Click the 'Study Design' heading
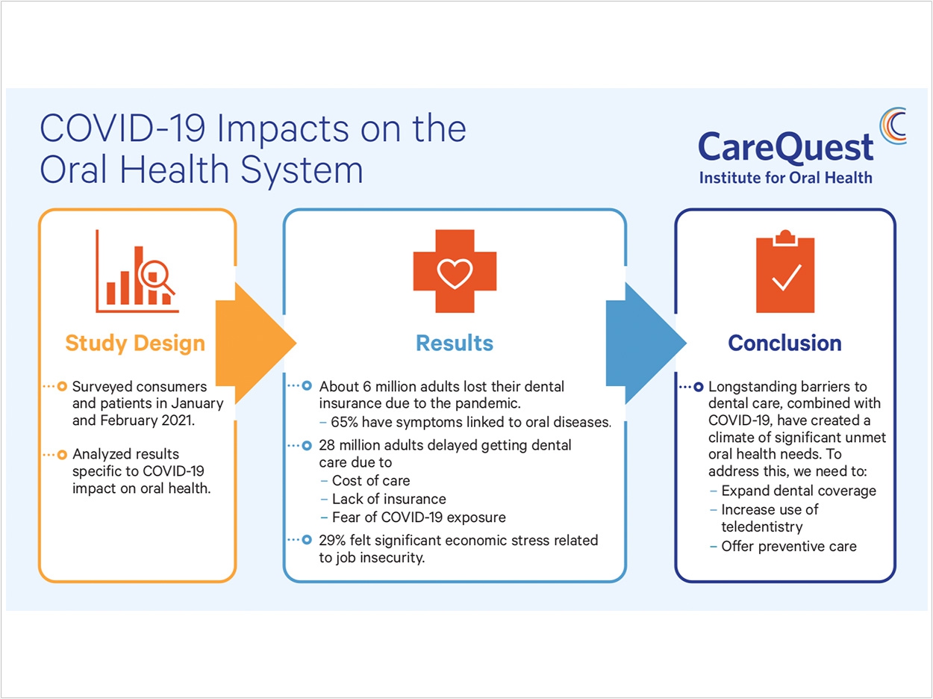click(135, 343)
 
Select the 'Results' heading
click(455, 343)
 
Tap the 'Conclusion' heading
click(784, 343)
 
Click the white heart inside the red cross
click(455, 273)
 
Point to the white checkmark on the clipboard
click(787, 278)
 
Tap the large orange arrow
click(255, 343)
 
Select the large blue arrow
click(646, 343)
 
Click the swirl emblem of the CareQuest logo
click(893, 126)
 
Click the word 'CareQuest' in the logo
click(785, 147)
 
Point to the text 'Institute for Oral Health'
click(785, 177)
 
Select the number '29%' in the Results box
click(332, 541)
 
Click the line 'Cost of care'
click(371, 480)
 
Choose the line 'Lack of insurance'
click(389, 499)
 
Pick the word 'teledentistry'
click(762, 527)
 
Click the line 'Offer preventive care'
click(789, 547)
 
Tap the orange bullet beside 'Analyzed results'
click(62, 455)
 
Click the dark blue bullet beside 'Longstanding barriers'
click(699, 388)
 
